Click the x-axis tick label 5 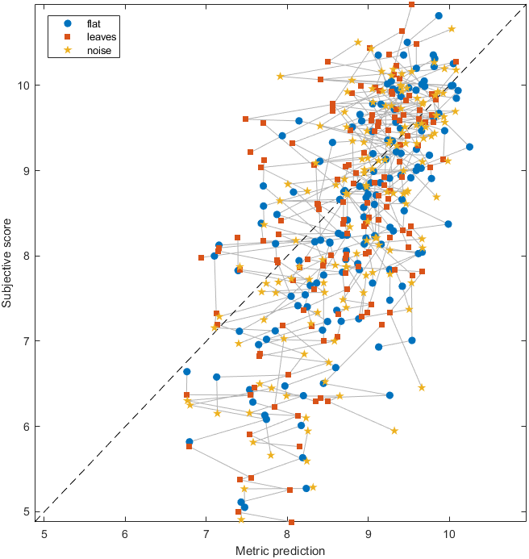tap(44, 534)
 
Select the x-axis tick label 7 tap(206, 534)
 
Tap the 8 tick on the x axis tap(287, 534)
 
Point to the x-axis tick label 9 tap(368, 534)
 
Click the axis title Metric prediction tap(280, 551)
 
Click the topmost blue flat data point tap(439, 15)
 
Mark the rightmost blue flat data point tap(469, 147)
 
